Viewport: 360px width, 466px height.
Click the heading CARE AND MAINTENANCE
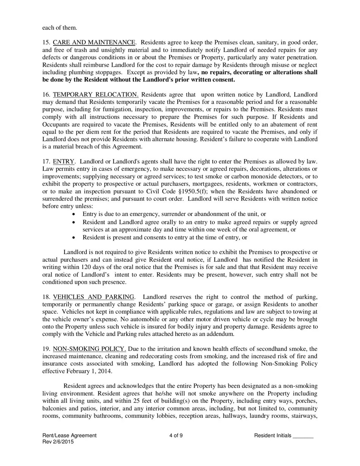(94, 42)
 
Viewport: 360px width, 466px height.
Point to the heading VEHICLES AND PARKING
(94, 297)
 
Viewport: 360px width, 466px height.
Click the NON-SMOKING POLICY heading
(89, 349)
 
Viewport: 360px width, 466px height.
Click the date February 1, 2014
(88, 371)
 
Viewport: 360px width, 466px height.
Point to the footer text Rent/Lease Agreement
(69, 436)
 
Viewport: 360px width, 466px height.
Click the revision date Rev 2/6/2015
(58, 442)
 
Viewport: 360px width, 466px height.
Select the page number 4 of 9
(176, 436)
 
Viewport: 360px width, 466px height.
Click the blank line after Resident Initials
(303, 436)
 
